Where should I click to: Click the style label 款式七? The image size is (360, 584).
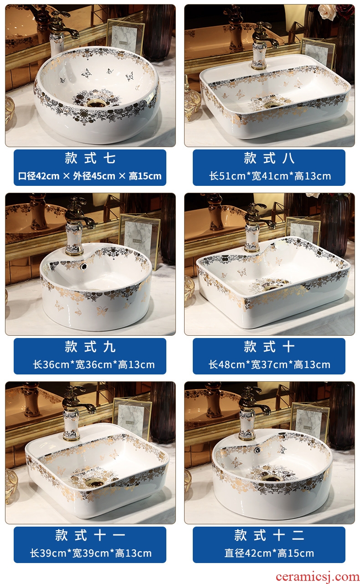(90, 158)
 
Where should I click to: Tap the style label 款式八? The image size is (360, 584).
(269, 158)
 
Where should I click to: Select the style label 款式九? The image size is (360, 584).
(90, 347)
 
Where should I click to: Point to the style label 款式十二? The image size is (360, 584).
(269, 535)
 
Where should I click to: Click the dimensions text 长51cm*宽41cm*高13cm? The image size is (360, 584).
(270, 176)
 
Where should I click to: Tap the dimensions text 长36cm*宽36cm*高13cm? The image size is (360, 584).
(94, 364)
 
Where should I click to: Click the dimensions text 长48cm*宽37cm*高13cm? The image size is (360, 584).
(269, 364)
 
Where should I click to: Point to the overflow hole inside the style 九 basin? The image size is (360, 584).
(84, 266)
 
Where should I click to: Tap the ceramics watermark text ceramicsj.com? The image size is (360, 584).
(318, 576)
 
